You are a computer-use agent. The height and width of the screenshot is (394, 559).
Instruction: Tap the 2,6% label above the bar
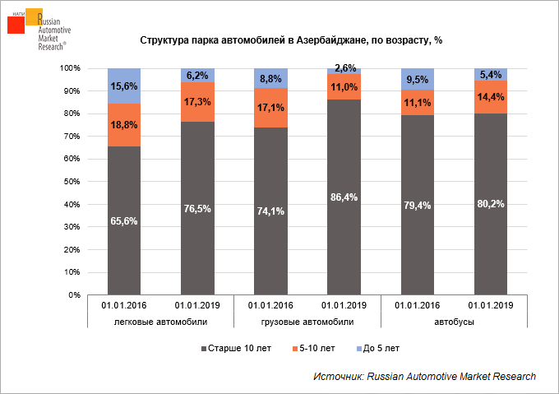[345, 68]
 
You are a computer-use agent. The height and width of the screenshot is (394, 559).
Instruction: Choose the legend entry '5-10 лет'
[312, 348]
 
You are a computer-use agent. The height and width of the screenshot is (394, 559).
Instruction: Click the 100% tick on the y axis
[70, 68]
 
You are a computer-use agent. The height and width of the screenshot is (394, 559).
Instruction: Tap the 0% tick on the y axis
[74, 294]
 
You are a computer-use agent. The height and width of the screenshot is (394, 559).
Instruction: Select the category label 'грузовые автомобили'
[308, 322]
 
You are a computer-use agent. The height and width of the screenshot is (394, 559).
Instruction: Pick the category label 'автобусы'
[455, 322]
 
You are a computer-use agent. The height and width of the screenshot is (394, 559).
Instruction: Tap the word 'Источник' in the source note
[337, 376]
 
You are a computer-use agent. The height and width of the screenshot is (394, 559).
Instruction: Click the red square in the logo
[16, 25]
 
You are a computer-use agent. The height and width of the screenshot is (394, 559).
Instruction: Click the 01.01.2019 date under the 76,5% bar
[197, 305]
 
